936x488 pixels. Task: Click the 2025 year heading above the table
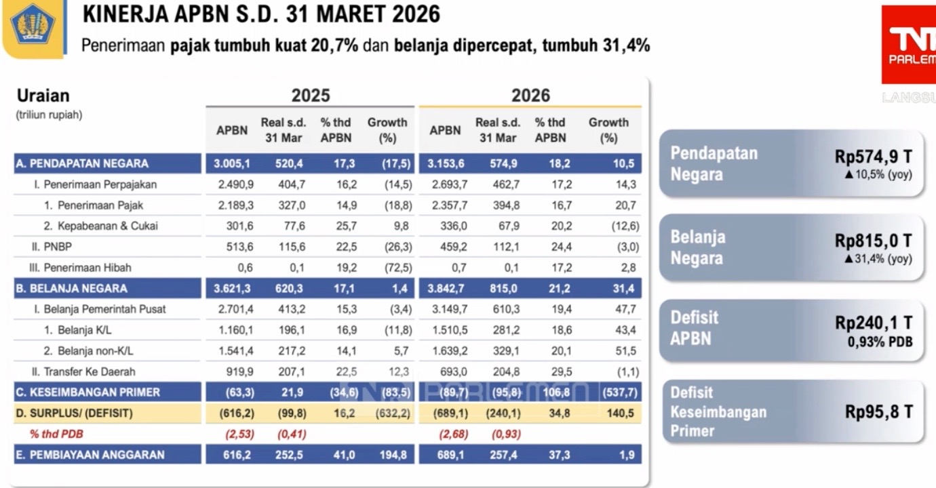tap(311, 96)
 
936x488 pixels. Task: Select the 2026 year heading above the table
tap(530, 96)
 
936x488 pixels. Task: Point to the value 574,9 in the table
tap(498, 163)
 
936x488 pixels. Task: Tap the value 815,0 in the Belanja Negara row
tap(503, 288)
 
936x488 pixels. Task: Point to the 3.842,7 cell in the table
tap(445, 288)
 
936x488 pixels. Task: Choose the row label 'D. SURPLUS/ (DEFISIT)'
tap(75, 413)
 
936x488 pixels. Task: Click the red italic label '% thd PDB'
tap(56, 434)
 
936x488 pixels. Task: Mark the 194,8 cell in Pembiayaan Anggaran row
tap(393, 455)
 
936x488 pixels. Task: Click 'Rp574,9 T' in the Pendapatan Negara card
tap(873, 157)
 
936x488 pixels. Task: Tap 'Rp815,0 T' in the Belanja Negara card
tap(873, 241)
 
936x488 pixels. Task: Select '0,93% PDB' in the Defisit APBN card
tap(880, 342)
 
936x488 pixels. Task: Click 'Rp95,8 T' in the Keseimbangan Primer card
tap(878, 411)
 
